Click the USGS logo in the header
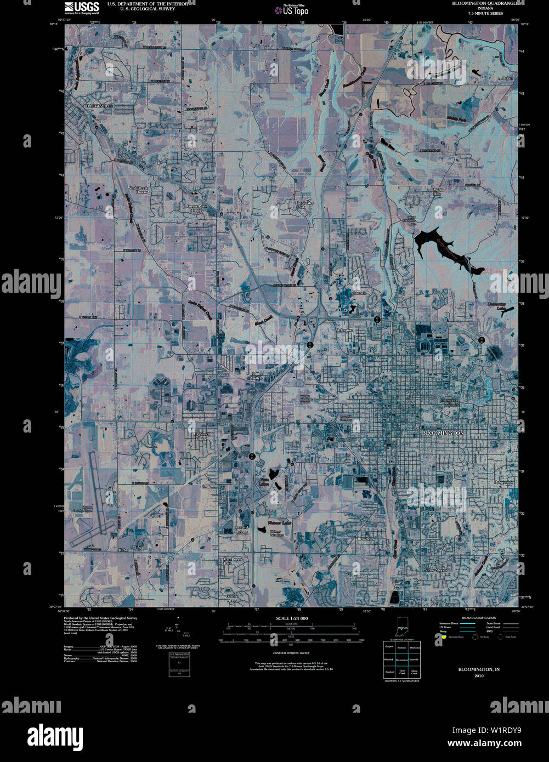(82, 8)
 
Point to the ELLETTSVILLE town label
(93, 104)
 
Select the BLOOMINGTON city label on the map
(443, 433)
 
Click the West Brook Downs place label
(138, 190)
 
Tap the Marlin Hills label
(437, 192)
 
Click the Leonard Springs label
(241, 530)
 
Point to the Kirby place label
(123, 549)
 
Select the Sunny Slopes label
(435, 570)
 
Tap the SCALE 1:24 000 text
(292, 618)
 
